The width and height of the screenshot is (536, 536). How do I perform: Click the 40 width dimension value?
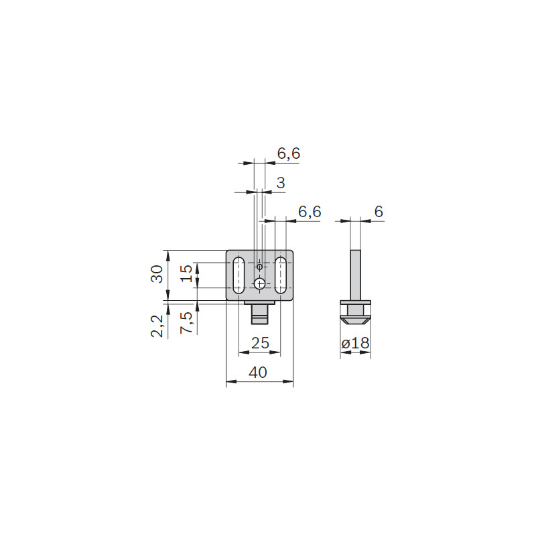[258, 372]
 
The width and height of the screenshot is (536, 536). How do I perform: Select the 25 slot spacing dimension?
[260, 342]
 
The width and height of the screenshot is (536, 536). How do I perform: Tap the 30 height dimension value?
[157, 274]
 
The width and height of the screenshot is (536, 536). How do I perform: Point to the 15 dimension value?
[186, 273]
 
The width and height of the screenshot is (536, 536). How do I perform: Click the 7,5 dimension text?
[187, 322]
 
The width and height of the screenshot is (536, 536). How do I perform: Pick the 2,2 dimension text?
[157, 326]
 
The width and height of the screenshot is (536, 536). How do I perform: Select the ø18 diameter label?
[356, 342]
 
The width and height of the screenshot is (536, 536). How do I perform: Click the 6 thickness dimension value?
[379, 212]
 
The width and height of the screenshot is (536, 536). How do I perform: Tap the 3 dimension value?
[281, 183]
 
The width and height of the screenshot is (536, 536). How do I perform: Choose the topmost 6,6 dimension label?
[289, 153]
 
